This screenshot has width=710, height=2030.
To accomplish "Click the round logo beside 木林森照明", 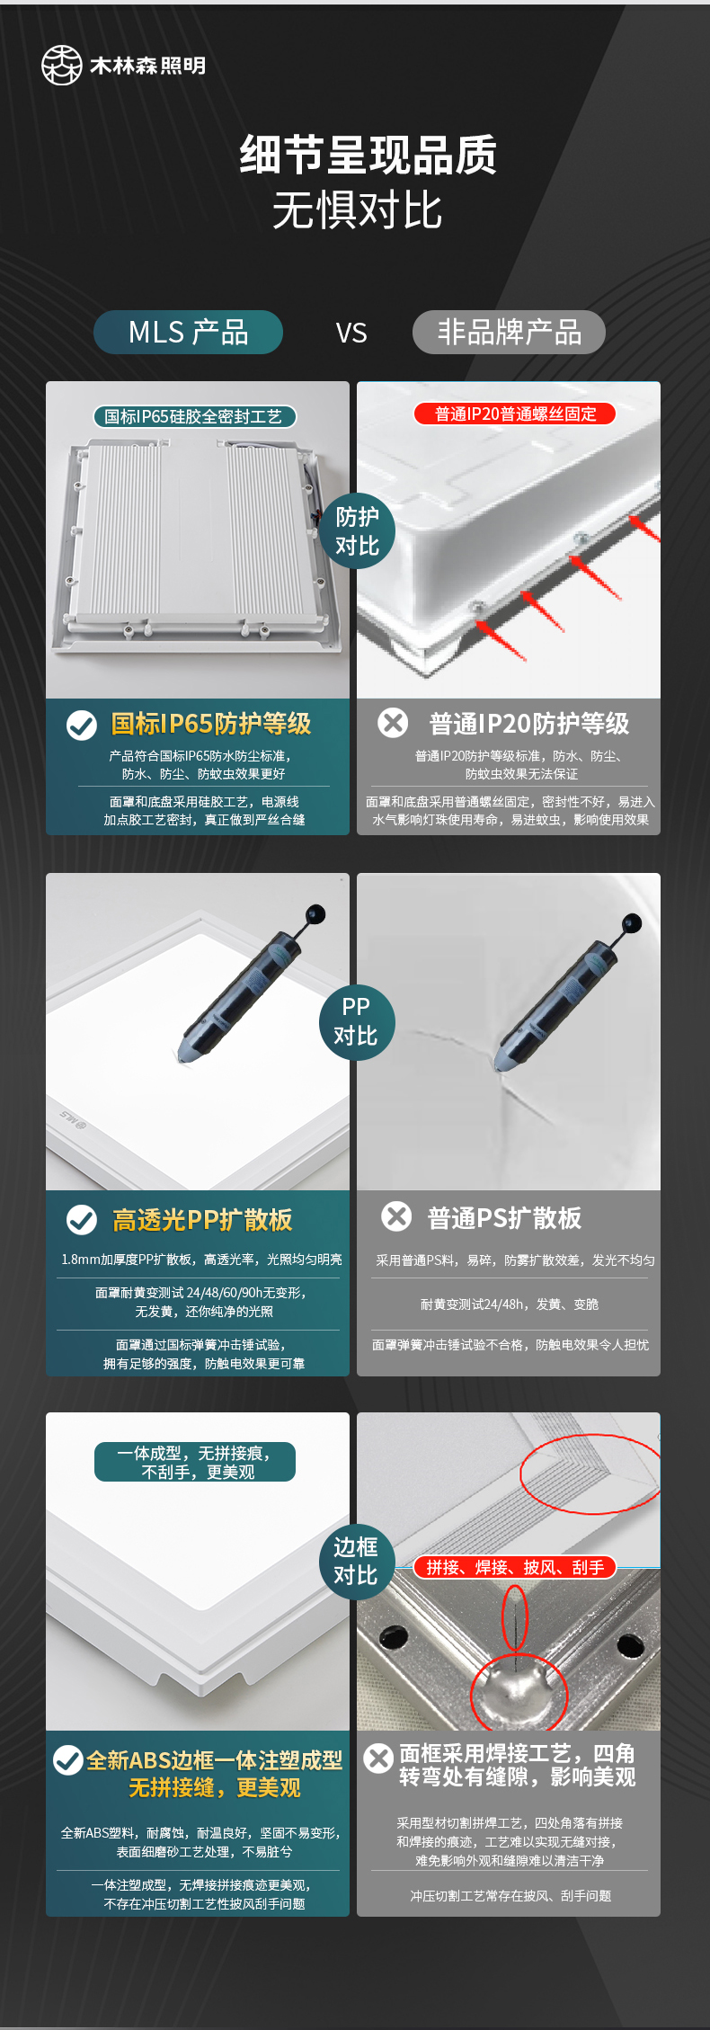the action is pos(62,66).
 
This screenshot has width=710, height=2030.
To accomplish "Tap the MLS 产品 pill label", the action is pos(188,333).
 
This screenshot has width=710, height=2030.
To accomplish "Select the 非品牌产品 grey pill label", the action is pos(509,333).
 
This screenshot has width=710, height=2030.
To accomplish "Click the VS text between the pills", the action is pos(351,334).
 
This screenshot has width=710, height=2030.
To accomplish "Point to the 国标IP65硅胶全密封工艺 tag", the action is pos(194,416).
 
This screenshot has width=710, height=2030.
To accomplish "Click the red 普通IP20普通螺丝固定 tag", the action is pos(516,414).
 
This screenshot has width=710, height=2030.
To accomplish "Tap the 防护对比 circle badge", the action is pos(358,531).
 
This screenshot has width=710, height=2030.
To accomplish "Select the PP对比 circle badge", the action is pos(356,1021).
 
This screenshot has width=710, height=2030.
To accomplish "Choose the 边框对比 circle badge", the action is pos(356,1562).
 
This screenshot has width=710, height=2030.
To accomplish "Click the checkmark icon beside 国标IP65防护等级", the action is pos(82,725).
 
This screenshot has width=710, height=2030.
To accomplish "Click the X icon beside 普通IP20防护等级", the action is pos(393,723).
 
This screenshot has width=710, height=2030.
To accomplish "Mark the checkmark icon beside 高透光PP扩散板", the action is pos(82,1220).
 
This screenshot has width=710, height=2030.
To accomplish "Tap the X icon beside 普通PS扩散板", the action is pos(396,1216).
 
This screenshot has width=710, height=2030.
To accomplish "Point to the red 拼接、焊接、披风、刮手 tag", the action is pos(515,1568).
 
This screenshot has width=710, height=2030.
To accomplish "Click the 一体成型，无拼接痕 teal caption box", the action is pos(195,1462).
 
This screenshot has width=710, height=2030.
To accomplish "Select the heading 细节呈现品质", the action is pos(368,156).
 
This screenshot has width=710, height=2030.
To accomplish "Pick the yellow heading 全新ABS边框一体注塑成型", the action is pos(215,1760).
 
